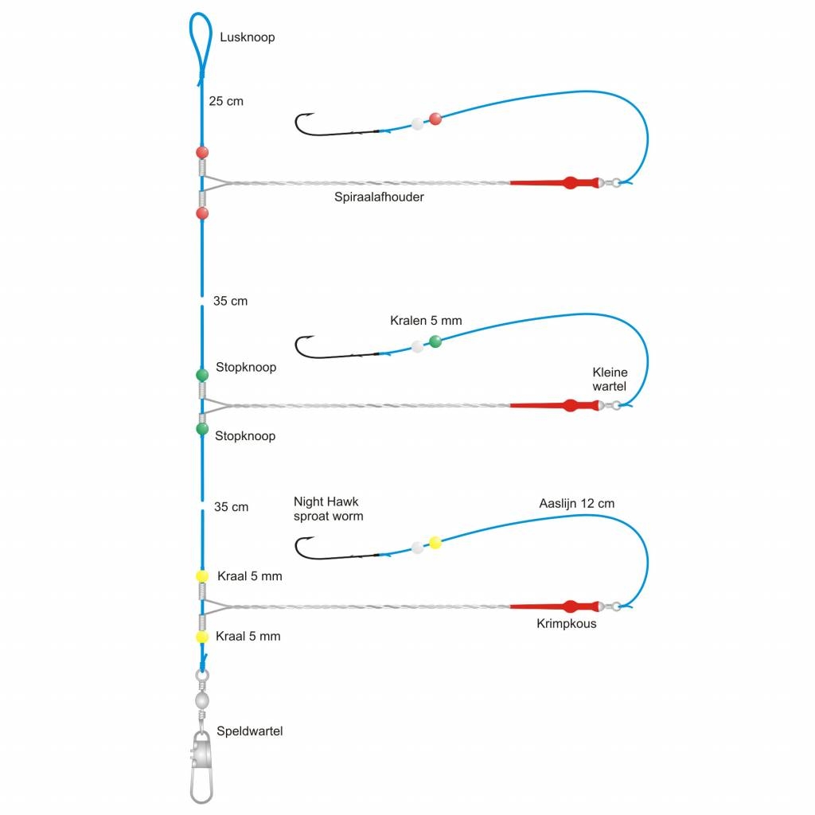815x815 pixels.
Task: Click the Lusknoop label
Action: coord(247,37)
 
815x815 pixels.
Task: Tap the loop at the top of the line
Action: coord(201,44)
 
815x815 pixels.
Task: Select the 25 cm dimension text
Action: coord(226,101)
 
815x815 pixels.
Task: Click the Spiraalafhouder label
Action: coord(379,197)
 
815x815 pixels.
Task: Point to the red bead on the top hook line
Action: coord(435,119)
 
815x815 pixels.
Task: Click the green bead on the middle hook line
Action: coord(435,342)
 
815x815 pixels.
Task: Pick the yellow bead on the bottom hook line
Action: coord(435,543)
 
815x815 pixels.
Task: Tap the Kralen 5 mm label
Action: coord(426,321)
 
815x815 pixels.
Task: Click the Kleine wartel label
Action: coord(610,379)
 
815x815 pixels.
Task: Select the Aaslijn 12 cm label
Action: coord(576,503)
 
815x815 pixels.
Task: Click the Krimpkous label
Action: coord(567,623)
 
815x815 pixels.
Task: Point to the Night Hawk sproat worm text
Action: coord(328,509)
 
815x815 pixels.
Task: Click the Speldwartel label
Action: coord(249,731)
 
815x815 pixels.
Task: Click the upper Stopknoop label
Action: coord(246,368)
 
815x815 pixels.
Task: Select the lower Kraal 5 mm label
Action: coord(248,636)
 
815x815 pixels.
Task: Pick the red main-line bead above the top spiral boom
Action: coord(202,152)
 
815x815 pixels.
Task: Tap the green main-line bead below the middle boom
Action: coord(202,429)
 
